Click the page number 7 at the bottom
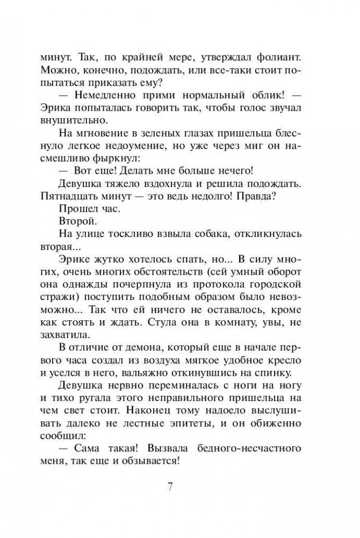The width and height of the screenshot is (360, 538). point(169,487)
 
